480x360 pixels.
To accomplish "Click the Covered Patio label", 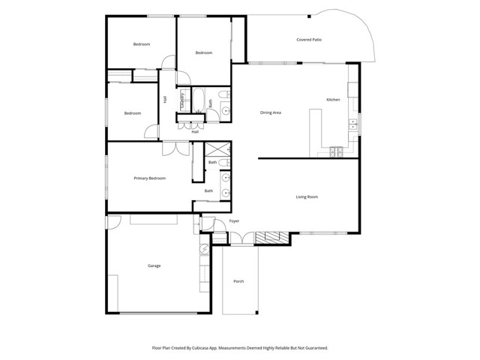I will pyautogui.click(x=308, y=39).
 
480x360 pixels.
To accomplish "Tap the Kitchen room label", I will pyautogui.click(x=333, y=100).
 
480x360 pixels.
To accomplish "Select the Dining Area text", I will pyautogui.click(x=270, y=112).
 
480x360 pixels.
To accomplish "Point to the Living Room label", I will pyautogui.click(x=307, y=196).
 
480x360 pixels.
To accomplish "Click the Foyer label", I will pyautogui.click(x=234, y=222).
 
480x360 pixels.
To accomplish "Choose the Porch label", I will pyautogui.click(x=238, y=281).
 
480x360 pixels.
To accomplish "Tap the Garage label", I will pyautogui.click(x=154, y=265).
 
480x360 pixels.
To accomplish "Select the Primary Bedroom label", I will pyautogui.click(x=149, y=178).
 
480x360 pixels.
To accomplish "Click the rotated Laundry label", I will pyautogui.click(x=182, y=100).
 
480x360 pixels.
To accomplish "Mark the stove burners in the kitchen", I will pyautogui.click(x=335, y=151).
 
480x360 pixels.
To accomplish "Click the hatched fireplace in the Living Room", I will pyautogui.click(x=271, y=238).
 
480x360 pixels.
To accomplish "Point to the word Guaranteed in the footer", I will pyautogui.click(x=313, y=348).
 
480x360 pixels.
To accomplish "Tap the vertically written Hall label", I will pyautogui.click(x=165, y=100).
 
